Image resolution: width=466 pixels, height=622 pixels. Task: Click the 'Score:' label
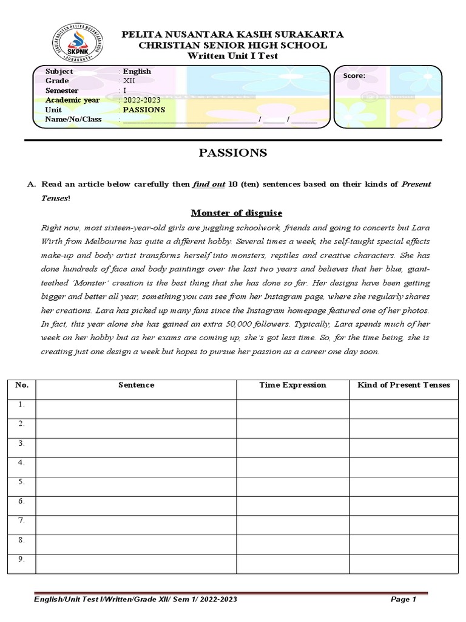tap(354, 76)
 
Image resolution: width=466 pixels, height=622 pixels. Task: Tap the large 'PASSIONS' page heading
tap(233, 153)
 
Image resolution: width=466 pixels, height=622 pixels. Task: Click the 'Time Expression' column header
tap(292, 385)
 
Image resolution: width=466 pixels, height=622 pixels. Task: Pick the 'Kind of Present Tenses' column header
tap(404, 385)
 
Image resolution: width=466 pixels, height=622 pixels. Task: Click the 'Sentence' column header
tap(136, 385)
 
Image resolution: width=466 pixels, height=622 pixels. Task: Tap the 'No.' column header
tap(21, 385)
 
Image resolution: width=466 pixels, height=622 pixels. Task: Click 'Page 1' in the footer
tap(404, 600)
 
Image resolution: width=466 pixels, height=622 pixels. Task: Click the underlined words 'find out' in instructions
tap(206, 184)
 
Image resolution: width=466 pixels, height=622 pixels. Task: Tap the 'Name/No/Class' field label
tap(73, 120)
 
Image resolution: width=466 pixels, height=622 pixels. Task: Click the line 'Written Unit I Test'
tap(233, 56)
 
